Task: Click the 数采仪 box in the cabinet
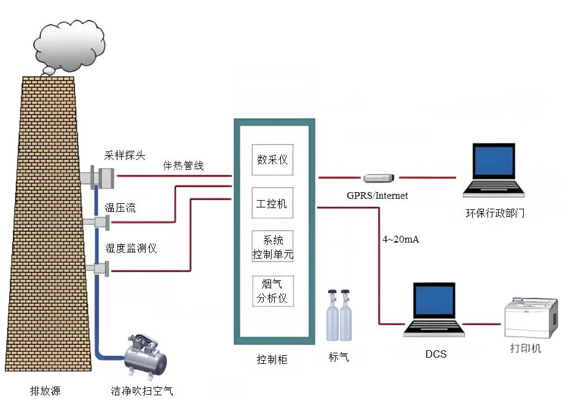pyautogui.click(x=272, y=159)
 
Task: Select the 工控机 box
pyautogui.click(x=272, y=203)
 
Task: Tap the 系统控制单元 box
pyautogui.click(x=272, y=246)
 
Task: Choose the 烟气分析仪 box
pyautogui.click(x=273, y=291)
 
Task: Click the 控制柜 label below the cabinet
pyautogui.click(x=272, y=359)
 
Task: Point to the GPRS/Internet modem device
pyautogui.click(x=379, y=178)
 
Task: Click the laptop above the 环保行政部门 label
pyautogui.click(x=494, y=170)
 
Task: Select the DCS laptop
pyautogui.click(x=434, y=310)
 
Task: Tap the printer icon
pyautogui.click(x=531, y=318)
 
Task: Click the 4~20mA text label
pyautogui.click(x=400, y=239)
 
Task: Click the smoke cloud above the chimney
pyautogui.click(x=69, y=46)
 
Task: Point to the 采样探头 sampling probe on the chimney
pyautogui.click(x=102, y=177)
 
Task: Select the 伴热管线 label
pyautogui.click(x=183, y=166)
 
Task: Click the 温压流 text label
pyautogui.click(x=120, y=207)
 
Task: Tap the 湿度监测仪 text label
pyautogui.click(x=131, y=248)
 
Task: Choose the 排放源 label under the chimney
pyautogui.click(x=45, y=390)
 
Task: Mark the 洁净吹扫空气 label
pyautogui.click(x=142, y=390)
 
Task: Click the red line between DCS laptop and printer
pyautogui.click(x=481, y=324)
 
